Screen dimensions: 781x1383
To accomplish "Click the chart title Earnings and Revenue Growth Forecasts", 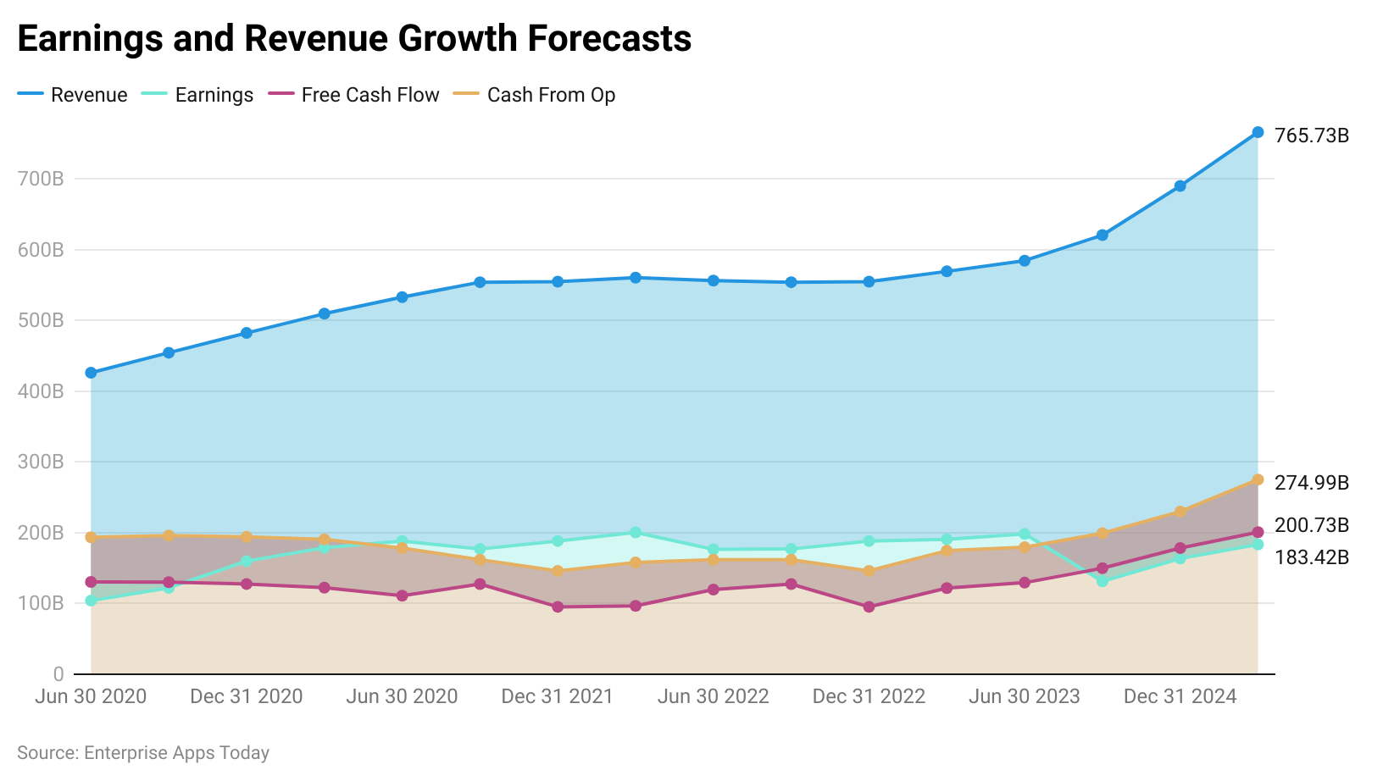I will pos(354,39).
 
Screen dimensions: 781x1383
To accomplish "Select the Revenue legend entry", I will pos(73,95).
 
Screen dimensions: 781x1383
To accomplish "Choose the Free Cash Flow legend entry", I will pos(354,95).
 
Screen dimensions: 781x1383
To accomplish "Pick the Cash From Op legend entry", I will pos(535,95).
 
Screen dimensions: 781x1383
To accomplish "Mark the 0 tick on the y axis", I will pos(58,674).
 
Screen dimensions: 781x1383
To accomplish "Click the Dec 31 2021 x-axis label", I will pos(557,696).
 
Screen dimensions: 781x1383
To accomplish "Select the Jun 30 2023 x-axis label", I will pos(1024,696).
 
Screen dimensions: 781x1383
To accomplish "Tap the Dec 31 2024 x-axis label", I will pos(1180,696).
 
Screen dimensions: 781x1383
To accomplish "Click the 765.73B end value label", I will pos(1311,136).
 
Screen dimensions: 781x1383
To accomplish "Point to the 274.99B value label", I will pos(1311,483).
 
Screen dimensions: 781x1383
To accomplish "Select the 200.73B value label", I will pos(1311,525).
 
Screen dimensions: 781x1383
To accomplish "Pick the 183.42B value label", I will pos(1311,557).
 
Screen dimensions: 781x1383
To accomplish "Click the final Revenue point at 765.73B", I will pos(1258,132).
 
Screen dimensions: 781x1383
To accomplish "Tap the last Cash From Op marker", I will pos(1258,480).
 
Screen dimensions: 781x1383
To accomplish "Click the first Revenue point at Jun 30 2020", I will pos(91,373).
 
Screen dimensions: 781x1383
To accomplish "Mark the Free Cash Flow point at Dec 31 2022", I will pos(869,607).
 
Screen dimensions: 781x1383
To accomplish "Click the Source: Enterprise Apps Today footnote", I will pos(143,753).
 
